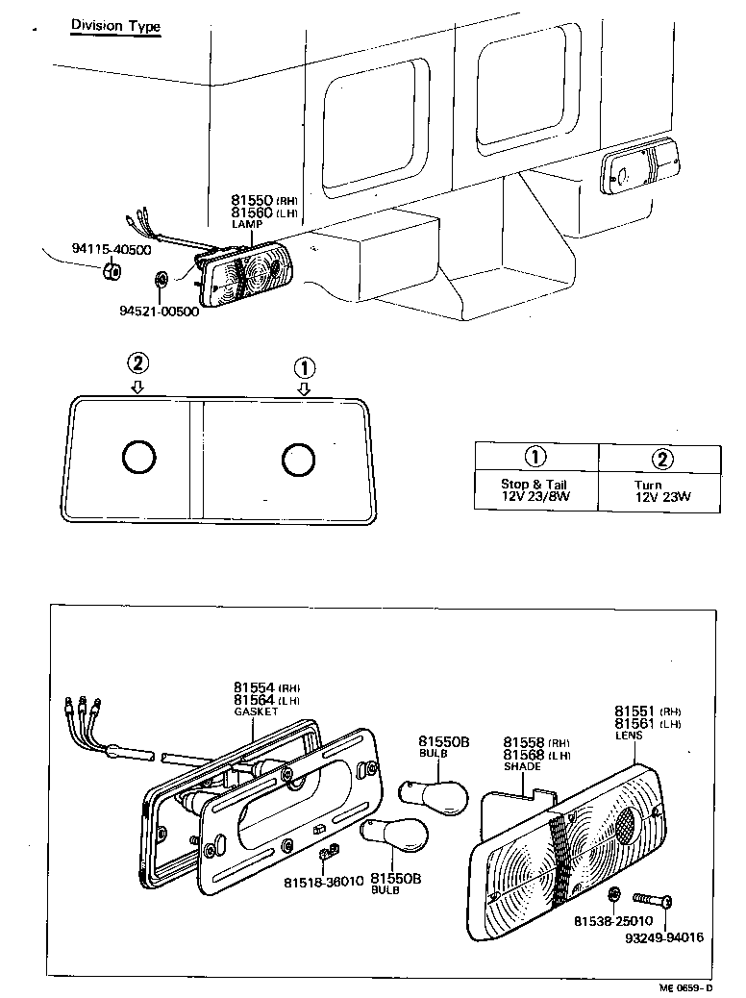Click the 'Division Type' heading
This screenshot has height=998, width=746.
tap(115, 26)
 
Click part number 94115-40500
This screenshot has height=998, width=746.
tap(111, 249)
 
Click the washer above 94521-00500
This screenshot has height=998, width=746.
tap(162, 281)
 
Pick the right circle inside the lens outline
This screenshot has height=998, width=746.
tap(297, 460)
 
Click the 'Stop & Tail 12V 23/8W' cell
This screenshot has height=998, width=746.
tap(535, 491)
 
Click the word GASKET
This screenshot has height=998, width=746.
tap(255, 711)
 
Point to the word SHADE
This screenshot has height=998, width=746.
tap(522, 767)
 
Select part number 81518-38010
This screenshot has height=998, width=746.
tap(323, 882)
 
